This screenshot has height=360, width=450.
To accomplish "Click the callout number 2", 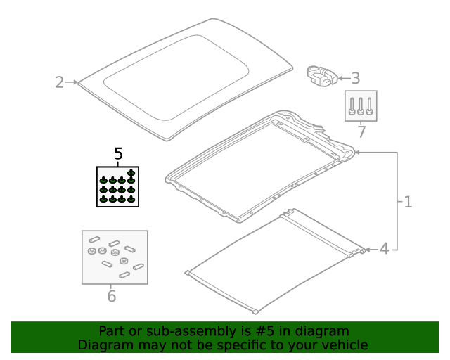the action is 59,82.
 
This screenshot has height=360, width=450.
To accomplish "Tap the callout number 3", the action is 356,78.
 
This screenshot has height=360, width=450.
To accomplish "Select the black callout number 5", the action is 118,153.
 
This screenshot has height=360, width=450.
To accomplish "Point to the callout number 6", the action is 111,296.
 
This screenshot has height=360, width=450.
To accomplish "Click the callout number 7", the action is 361,131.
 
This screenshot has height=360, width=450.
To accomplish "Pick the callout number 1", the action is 408,202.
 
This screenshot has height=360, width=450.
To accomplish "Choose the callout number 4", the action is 385,249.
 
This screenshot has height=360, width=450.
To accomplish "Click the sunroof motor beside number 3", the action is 322,76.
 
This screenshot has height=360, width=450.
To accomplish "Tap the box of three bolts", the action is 361,106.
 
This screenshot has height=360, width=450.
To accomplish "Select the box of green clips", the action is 117,186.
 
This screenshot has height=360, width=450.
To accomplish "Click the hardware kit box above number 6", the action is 115,257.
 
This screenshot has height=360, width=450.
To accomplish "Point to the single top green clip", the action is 131,172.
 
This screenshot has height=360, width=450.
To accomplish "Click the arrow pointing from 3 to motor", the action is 345,78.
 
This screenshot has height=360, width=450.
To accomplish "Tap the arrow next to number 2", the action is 72,82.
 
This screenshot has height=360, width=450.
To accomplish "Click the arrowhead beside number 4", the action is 368,250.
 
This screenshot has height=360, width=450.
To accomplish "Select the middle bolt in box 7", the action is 361,106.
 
